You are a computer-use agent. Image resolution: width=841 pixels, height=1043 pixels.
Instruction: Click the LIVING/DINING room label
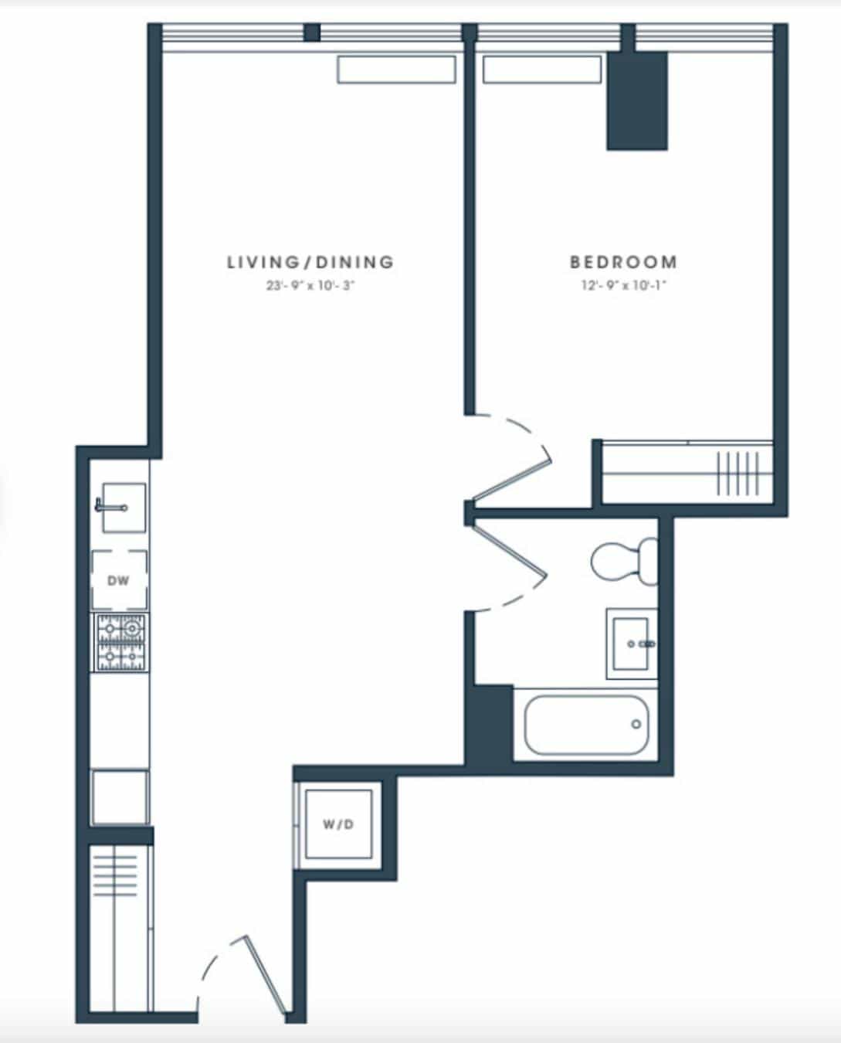pos(310,262)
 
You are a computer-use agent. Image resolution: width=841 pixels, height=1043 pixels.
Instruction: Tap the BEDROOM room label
pos(623,262)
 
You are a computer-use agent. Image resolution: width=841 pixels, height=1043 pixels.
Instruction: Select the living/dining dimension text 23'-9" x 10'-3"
pos(310,286)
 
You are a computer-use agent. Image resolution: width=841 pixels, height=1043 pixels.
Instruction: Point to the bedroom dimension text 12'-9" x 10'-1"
pos(623,286)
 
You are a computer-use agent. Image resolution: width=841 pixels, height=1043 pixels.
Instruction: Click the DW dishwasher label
pos(119,580)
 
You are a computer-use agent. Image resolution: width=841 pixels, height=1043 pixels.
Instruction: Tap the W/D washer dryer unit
pos(338,824)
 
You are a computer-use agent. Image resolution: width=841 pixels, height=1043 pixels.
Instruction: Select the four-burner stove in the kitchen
pos(121,641)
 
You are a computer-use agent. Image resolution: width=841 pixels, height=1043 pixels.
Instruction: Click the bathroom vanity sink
pos(632,644)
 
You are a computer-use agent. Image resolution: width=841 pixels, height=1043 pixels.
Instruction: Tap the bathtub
pos(586,725)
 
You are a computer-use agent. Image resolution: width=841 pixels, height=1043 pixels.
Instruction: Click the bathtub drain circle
pos(636,724)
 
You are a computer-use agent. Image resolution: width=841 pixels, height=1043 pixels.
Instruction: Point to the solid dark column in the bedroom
pos(636,100)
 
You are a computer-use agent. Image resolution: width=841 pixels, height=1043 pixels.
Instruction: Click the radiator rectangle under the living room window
pos(395,70)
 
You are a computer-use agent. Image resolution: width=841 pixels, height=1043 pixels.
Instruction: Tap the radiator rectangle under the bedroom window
pos(541,70)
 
